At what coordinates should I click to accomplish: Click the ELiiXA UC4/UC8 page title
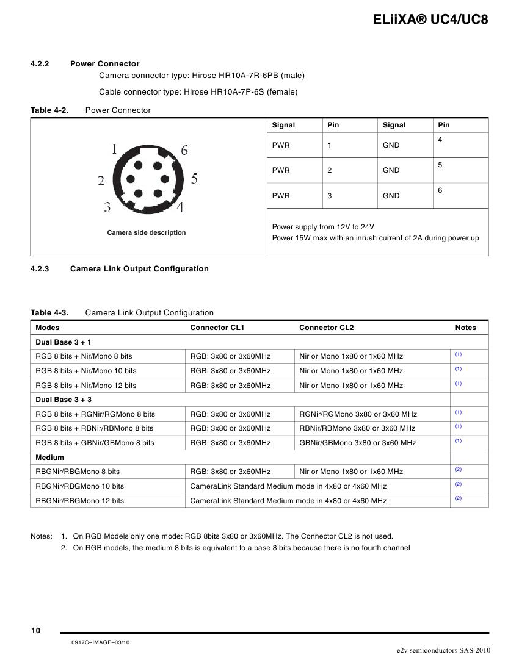click(x=430, y=20)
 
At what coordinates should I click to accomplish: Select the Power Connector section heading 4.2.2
click(x=104, y=63)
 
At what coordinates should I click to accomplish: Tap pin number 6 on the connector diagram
click(x=184, y=150)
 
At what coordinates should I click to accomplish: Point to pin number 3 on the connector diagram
click(x=107, y=207)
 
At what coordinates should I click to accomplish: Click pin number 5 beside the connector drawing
click(x=194, y=179)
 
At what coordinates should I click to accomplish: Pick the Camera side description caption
click(x=147, y=232)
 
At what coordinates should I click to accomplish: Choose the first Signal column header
click(x=283, y=125)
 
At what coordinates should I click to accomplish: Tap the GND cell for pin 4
click(x=391, y=145)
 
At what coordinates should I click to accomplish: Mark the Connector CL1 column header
click(x=217, y=328)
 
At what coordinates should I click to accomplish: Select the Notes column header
click(x=465, y=328)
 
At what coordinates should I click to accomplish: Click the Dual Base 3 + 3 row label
click(x=64, y=400)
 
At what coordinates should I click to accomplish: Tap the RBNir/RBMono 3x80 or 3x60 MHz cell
click(x=357, y=428)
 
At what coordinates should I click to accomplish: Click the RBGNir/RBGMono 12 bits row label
click(x=80, y=501)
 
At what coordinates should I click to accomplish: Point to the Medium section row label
click(x=50, y=457)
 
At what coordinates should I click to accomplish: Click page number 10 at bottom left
click(x=35, y=631)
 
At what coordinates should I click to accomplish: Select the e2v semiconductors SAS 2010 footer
click(x=443, y=650)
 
